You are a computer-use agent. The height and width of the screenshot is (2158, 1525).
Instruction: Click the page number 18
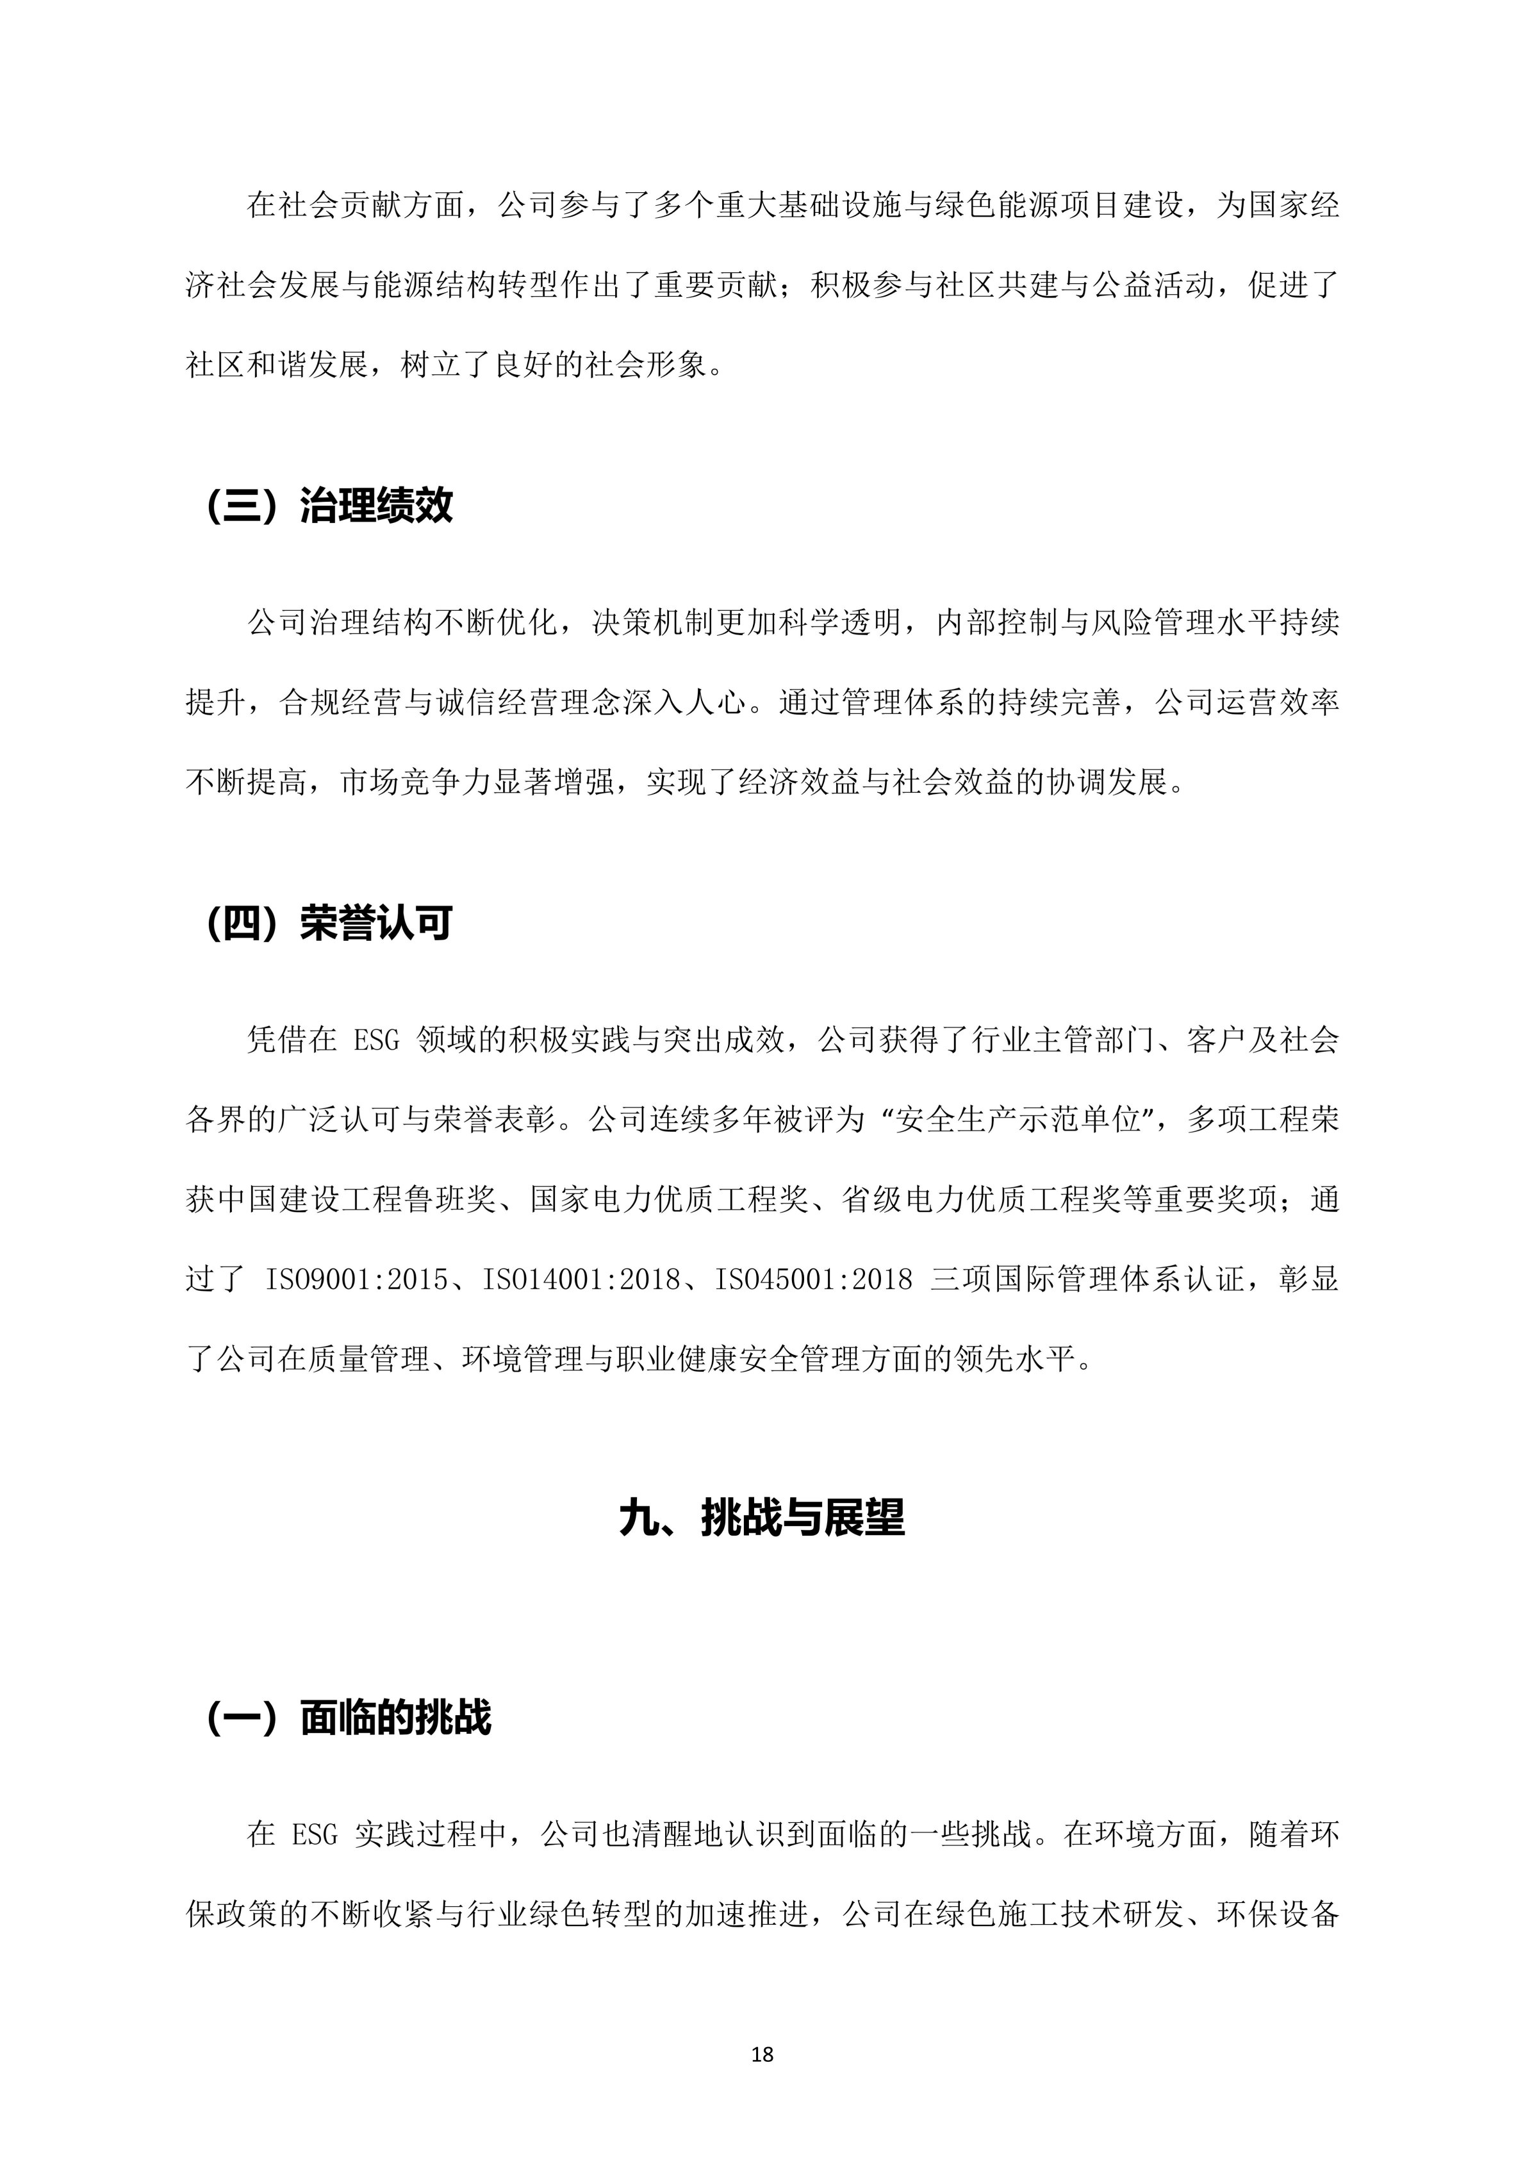762,2055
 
